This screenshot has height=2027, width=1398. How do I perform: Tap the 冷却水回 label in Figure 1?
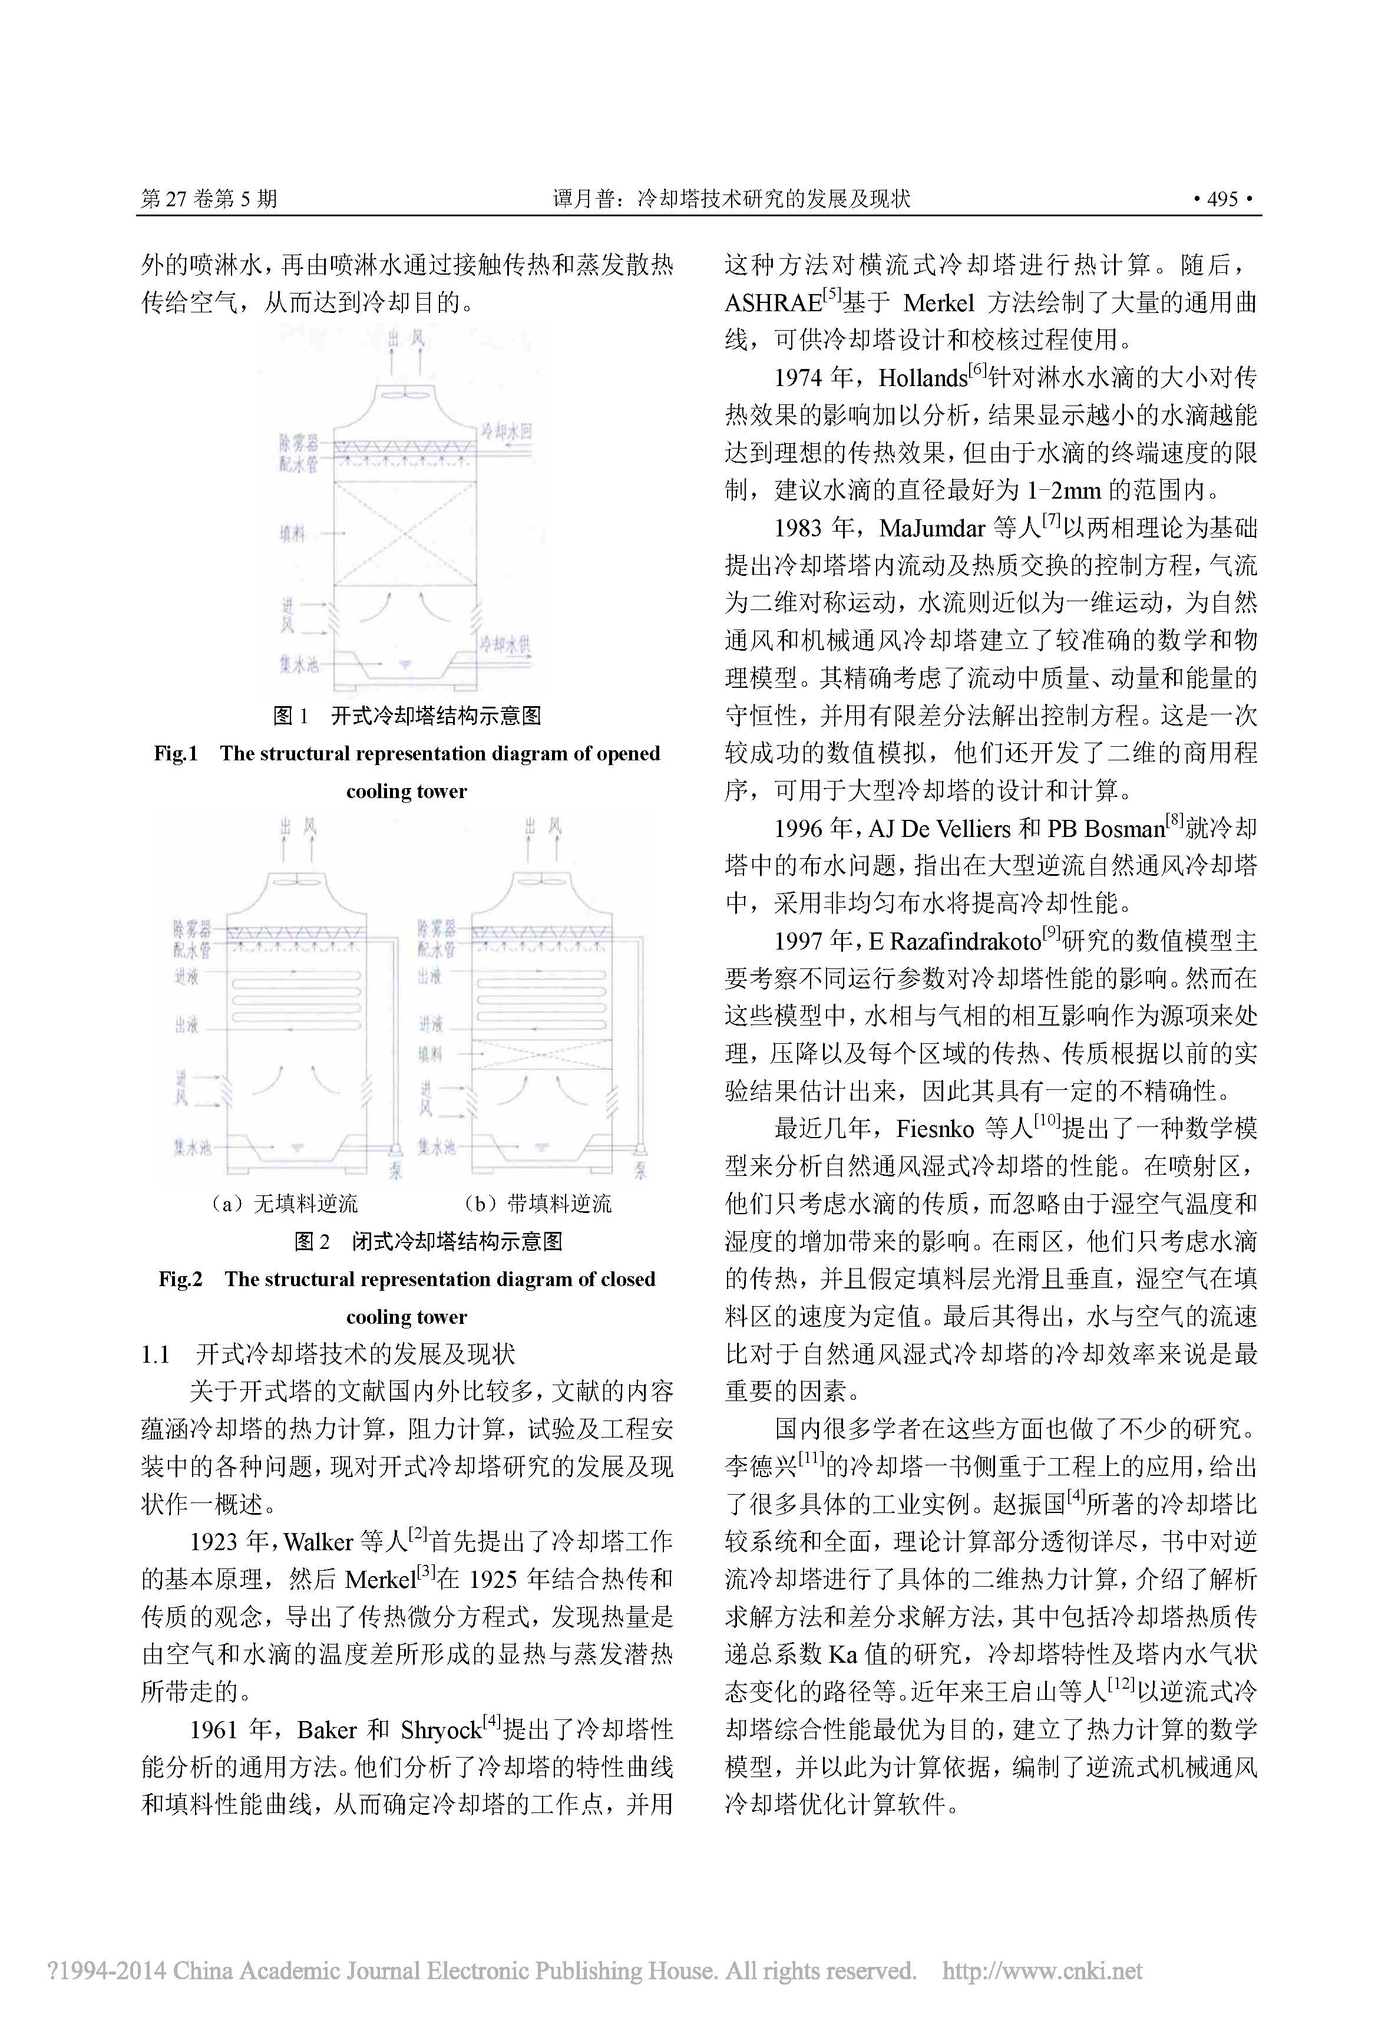click(505, 431)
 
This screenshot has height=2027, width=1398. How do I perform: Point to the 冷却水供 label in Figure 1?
click(504, 645)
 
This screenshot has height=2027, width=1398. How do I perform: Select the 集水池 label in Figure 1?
click(298, 664)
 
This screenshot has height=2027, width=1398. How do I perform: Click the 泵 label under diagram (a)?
click(396, 1171)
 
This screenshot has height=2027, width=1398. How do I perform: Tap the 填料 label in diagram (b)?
click(429, 1053)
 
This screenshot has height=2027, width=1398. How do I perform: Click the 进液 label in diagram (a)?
click(186, 975)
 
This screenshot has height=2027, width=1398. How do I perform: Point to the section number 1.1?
click(155, 1354)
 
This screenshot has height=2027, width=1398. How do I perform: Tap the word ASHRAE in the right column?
click(772, 303)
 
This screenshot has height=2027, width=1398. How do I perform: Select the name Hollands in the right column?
click(923, 378)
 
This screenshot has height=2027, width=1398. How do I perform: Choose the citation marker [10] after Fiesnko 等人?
click(1047, 1121)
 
